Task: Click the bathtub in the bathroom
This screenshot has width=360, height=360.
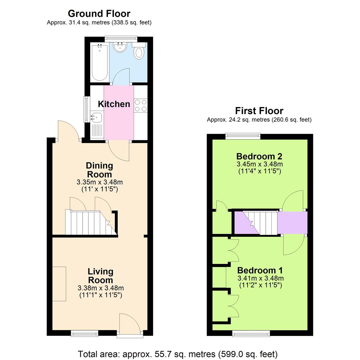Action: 100,62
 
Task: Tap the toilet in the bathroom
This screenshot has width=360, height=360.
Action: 139,51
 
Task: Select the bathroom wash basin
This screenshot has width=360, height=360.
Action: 120,48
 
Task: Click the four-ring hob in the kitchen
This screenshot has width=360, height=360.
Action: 141,106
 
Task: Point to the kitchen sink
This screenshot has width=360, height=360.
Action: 96,118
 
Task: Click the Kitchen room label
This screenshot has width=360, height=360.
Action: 114,104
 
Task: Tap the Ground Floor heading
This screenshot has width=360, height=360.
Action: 99,14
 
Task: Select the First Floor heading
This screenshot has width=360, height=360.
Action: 259,111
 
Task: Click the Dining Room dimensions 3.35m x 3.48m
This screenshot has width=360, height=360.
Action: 99,182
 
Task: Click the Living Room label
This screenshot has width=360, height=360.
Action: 100,276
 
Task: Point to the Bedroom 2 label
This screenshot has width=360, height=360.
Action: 259,156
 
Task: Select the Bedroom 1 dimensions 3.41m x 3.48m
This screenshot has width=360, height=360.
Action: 260,278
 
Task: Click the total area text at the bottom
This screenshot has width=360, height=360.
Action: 177,354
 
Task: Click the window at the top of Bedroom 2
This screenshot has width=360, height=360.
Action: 243,135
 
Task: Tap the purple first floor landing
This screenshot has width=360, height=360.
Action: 292,222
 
